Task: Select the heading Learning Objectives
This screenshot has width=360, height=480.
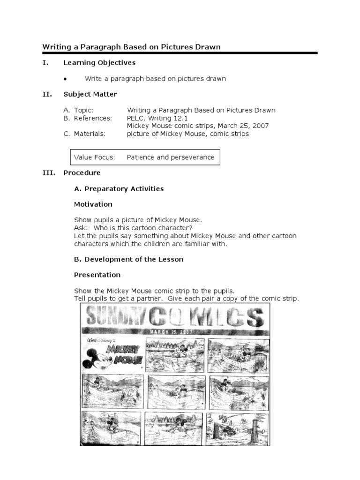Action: pyautogui.click(x=99, y=63)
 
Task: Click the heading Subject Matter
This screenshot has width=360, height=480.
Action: pyautogui.click(x=90, y=94)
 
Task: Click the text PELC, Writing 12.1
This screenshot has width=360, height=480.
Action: pyautogui.click(x=157, y=118)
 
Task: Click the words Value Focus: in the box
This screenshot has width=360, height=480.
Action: pyautogui.click(x=94, y=157)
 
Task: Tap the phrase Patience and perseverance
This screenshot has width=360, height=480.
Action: pyautogui.click(x=170, y=157)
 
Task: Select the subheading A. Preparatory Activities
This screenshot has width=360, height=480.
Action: pyautogui.click(x=119, y=189)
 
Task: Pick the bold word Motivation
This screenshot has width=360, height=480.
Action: pyautogui.click(x=93, y=204)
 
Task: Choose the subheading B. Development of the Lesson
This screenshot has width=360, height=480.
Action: pyautogui.click(x=128, y=259)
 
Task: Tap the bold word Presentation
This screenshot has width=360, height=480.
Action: pyautogui.click(x=97, y=275)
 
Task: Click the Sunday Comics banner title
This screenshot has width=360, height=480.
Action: pyautogui.click(x=174, y=318)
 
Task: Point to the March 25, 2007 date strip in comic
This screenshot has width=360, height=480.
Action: pyautogui.click(x=174, y=332)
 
